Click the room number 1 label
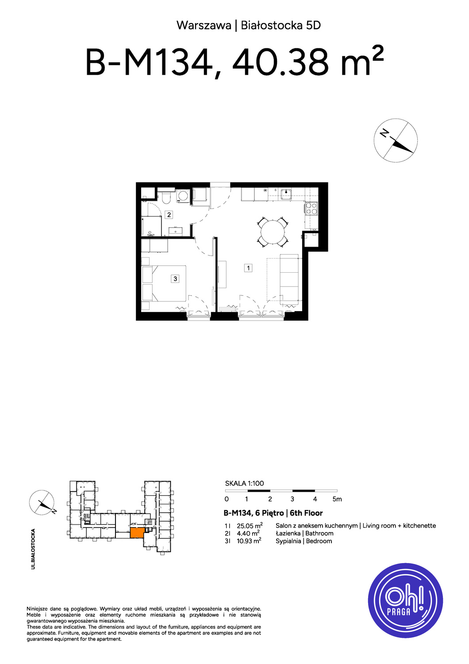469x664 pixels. tap(248, 268)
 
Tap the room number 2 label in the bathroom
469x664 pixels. tap(169, 215)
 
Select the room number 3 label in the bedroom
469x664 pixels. tap(175, 278)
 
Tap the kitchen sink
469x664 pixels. tap(286, 194)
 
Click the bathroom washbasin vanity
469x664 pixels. tap(176, 231)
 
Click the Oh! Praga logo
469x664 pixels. tap(405, 601)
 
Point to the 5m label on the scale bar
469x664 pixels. tap(337, 499)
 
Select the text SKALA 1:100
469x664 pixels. tap(244, 483)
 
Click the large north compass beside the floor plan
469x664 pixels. tap(396, 140)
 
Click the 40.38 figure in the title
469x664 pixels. tap(281, 63)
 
